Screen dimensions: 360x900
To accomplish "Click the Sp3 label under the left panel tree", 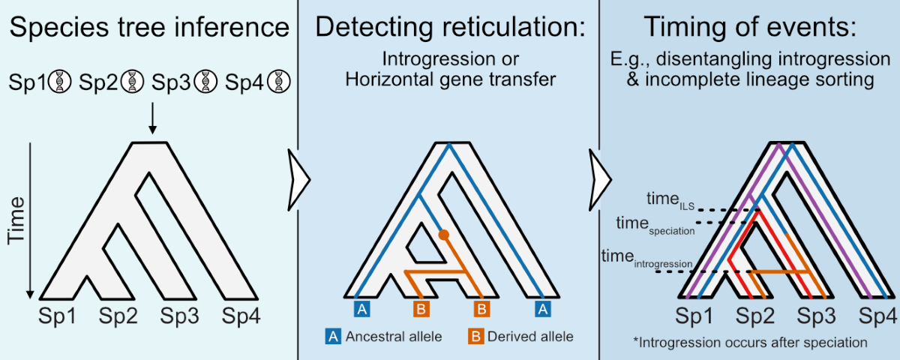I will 179,317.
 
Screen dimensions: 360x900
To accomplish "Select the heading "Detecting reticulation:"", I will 448,28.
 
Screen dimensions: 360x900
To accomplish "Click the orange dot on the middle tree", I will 443,235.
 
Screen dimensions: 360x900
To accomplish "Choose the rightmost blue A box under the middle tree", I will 543,307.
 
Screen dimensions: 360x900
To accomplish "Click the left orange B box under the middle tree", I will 421,307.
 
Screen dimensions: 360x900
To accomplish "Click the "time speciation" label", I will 655,223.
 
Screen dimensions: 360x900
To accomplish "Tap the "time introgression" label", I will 646,259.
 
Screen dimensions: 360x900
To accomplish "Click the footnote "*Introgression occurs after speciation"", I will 750,342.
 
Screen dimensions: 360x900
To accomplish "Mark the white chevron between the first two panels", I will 298,178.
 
